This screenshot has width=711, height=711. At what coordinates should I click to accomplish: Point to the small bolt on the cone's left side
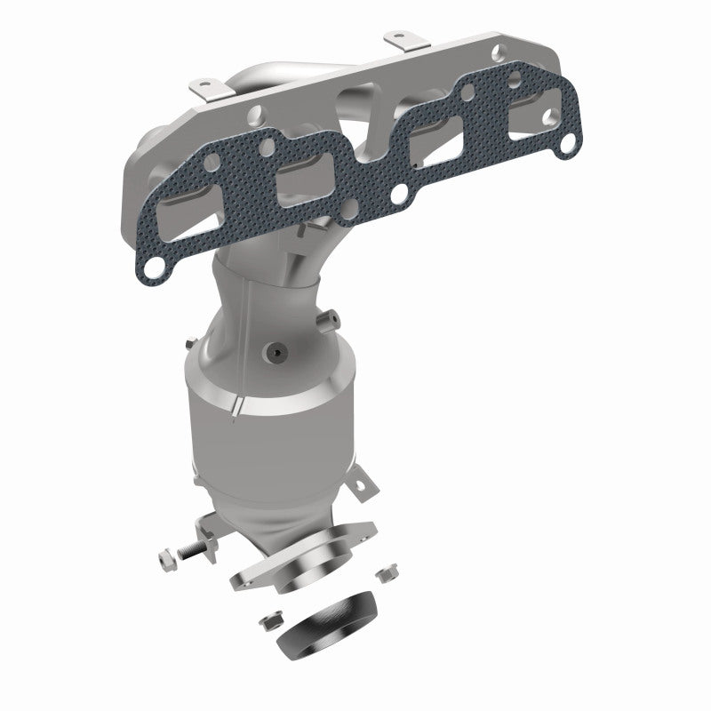190,343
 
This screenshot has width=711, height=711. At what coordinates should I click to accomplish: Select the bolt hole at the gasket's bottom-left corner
153,265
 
